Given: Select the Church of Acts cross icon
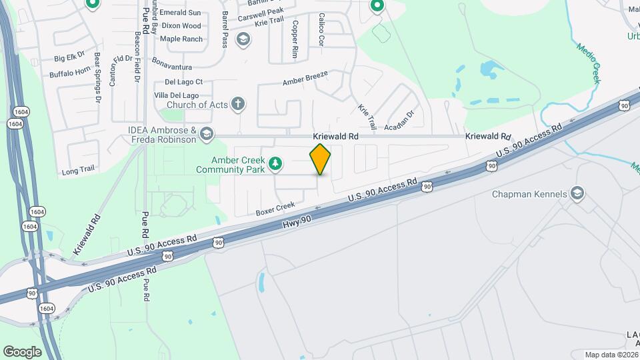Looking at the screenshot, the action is pyautogui.click(x=239, y=103).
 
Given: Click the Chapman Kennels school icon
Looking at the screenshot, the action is pyautogui.click(x=577, y=194).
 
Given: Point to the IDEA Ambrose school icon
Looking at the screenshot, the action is pyautogui.click(x=207, y=135).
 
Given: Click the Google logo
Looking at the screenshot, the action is pyautogui.click(x=22, y=351).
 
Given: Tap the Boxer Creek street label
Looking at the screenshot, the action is pyautogui.click(x=275, y=209).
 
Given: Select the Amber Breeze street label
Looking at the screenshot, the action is pyautogui.click(x=305, y=78).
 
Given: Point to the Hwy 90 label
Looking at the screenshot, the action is pyautogui.click(x=297, y=225).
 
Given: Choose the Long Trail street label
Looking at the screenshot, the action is pyautogui.click(x=79, y=171).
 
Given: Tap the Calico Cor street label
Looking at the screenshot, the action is pyautogui.click(x=321, y=29).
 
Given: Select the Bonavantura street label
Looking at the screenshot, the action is pyautogui.click(x=172, y=67).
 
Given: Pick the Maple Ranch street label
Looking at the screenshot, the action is pyautogui.click(x=181, y=39).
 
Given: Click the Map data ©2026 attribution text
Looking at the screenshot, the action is pyautogui.click(x=611, y=355).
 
